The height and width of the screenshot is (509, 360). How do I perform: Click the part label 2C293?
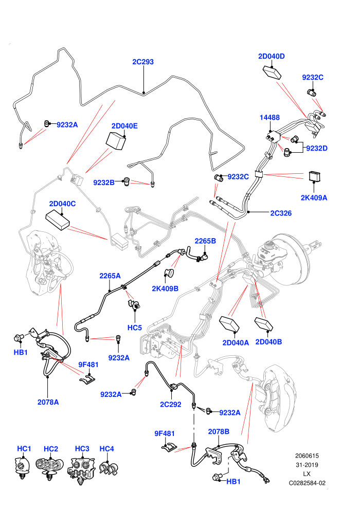click(143, 62)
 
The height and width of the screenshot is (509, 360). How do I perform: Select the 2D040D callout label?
click(272, 56)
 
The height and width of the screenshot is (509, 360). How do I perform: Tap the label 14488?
click(269, 118)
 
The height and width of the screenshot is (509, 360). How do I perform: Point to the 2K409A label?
click(314, 198)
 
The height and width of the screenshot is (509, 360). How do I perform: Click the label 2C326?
click(281, 213)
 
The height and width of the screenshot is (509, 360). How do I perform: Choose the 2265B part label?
click(205, 241)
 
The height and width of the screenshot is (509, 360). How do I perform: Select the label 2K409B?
click(165, 288)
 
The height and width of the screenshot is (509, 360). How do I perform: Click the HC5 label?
click(135, 328)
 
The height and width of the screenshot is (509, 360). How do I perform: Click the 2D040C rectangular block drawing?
click(58, 220)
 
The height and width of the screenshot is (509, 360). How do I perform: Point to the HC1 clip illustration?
click(23, 467)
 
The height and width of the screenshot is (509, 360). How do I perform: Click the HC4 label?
click(106, 449)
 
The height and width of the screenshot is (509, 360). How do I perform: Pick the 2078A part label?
click(48, 402)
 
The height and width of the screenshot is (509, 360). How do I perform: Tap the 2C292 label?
click(170, 405)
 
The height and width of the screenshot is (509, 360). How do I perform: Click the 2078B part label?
click(219, 432)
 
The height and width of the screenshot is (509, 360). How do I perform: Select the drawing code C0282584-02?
click(307, 483)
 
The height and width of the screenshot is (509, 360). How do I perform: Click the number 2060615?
click(307, 456)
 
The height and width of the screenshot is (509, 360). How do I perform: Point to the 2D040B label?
click(268, 342)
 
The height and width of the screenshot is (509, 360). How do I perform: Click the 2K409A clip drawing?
click(315, 176)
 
